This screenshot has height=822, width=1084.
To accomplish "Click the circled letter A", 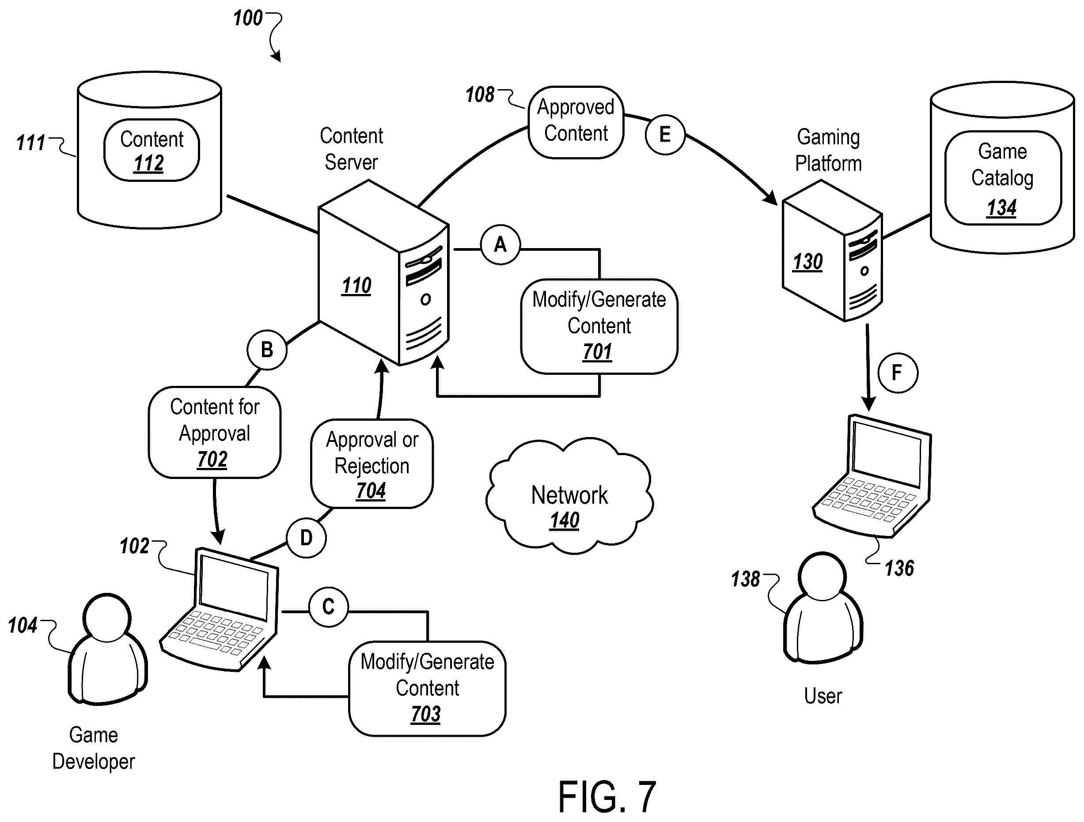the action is click(500, 245).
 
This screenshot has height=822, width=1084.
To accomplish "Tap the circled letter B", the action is click(267, 350).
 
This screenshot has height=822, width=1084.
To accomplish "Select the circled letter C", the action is click(328, 607).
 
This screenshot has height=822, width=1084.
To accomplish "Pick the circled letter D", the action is click(306, 538).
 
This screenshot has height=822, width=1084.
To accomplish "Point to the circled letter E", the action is click(665, 135).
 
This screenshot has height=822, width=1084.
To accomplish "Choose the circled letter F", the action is click(898, 373).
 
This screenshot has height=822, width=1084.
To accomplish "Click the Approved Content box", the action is click(576, 122).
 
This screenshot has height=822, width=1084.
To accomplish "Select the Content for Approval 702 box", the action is click(215, 433).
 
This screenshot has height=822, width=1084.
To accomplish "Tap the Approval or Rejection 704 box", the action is click(372, 464).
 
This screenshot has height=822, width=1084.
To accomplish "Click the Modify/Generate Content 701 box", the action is click(599, 326).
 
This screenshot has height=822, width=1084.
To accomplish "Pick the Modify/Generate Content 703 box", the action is click(427, 688).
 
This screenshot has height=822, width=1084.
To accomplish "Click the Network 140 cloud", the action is click(569, 495).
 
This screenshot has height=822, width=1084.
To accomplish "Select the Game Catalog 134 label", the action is click(1003, 178).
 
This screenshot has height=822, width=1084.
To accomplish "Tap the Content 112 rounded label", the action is click(152, 151).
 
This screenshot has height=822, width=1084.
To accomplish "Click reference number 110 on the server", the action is click(356, 286).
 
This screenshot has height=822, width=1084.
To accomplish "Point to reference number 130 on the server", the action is click(807, 262).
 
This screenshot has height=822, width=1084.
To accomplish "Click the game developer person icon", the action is click(107, 649).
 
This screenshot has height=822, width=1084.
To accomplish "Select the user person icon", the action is click(823, 607).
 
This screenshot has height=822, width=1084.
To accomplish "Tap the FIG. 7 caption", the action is click(607, 797).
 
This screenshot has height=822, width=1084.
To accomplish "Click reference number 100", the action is click(248, 18).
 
